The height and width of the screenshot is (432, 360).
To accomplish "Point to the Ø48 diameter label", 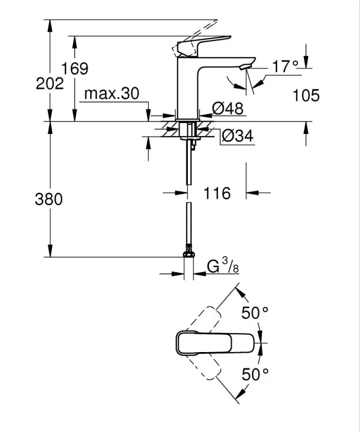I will (x=227, y=109).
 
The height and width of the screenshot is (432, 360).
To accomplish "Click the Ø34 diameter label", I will (x=236, y=137).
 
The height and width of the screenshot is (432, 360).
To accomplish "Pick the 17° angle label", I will (x=285, y=66).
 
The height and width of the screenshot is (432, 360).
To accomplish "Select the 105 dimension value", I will (x=306, y=96).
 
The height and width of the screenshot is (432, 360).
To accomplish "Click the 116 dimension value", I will (x=217, y=193).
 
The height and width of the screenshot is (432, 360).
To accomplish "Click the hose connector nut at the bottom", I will (x=188, y=252).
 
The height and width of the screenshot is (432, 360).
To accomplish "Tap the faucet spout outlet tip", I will (x=246, y=66).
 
